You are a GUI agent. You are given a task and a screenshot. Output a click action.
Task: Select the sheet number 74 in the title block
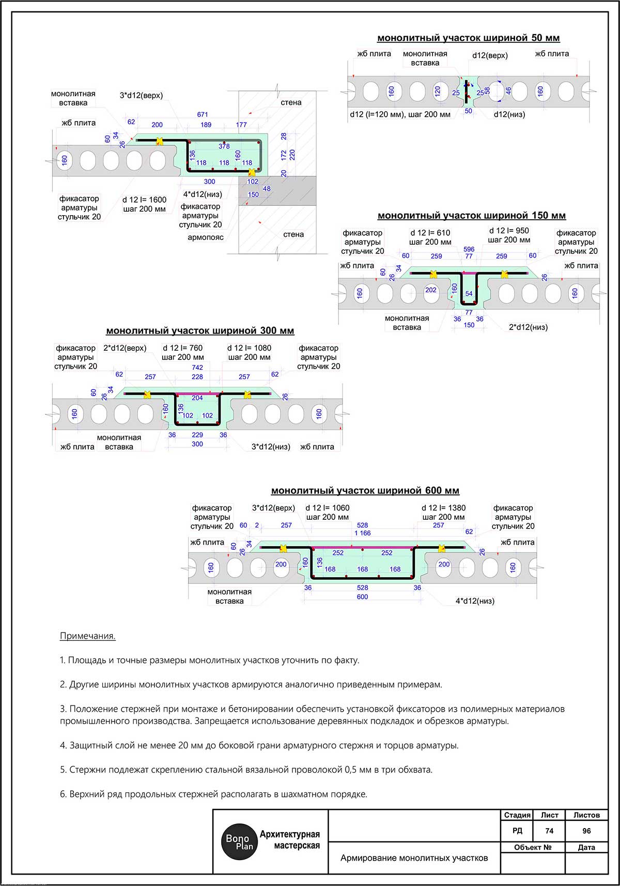pyautogui.click(x=549, y=831)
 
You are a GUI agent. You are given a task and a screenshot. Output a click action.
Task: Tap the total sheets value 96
pyautogui.click(x=586, y=831)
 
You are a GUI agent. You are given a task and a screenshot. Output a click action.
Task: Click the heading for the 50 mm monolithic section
pyautogui.click(x=468, y=38)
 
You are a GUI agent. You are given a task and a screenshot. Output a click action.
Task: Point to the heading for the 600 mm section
pyautogui.click(x=365, y=490)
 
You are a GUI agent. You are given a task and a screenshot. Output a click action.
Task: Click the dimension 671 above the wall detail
pyautogui.click(x=203, y=114)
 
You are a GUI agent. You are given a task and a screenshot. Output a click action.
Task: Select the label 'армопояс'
pyautogui.click(x=206, y=237)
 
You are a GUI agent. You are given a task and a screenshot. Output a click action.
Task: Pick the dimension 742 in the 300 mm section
pyautogui.click(x=197, y=367)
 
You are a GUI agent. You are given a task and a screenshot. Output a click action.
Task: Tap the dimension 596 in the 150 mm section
pyautogui.click(x=469, y=249)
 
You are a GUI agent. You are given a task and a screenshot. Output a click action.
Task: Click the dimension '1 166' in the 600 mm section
pyautogui.click(x=362, y=533)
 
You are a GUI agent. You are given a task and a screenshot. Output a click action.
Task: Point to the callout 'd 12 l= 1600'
pyautogui.click(x=144, y=200)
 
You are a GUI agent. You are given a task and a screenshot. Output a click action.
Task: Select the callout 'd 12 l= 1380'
pyautogui.click(x=443, y=508)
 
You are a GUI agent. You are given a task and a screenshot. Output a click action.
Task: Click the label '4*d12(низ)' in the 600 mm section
pyautogui.click(x=475, y=601)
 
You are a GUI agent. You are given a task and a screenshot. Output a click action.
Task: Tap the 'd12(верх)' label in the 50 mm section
pyautogui.click(x=490, y=55)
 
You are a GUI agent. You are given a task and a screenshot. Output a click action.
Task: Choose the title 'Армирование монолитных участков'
pyautogui.click(x=414, y=858)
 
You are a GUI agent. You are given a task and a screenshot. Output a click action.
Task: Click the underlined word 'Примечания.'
pyautogui.click(x=88, y=636)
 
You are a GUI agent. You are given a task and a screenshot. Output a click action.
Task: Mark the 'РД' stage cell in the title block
pyautogui.click(x=517, y=831)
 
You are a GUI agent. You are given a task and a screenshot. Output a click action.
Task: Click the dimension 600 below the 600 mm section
pyautogui.click(x=362, y=597)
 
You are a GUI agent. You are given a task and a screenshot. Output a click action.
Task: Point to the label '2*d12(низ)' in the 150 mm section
pyautogui.click(x=528, y=327)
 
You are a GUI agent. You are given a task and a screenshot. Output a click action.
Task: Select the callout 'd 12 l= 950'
pyautogui.click(x=509, y=231)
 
